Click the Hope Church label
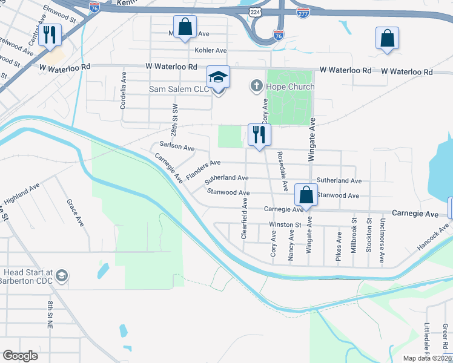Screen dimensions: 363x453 point(289,87)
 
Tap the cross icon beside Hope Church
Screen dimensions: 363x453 point(256,87)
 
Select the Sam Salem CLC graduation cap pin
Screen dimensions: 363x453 point(219,77)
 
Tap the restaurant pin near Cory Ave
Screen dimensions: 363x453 point(259,135)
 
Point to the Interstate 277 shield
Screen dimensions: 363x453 point(302,12)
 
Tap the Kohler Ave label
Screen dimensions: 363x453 point(210,50)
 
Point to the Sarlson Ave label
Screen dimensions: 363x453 point(177,147)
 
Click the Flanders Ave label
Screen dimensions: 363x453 point(203,169)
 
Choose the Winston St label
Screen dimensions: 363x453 point(285,224)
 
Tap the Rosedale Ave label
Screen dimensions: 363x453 point(282,170)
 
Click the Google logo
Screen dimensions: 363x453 point(20,356)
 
